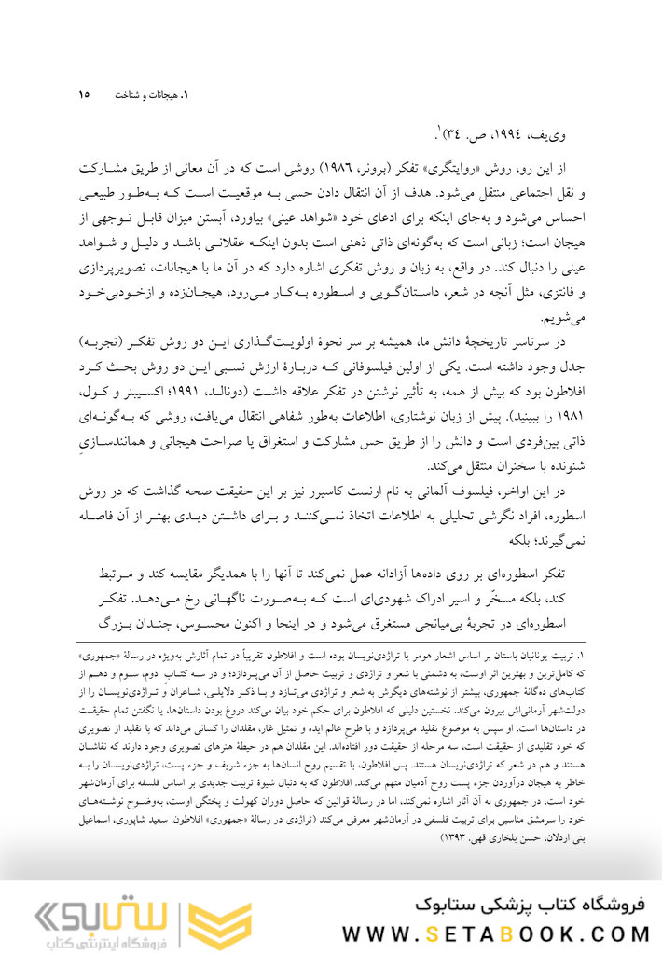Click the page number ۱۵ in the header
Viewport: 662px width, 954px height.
click(84, 94)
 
